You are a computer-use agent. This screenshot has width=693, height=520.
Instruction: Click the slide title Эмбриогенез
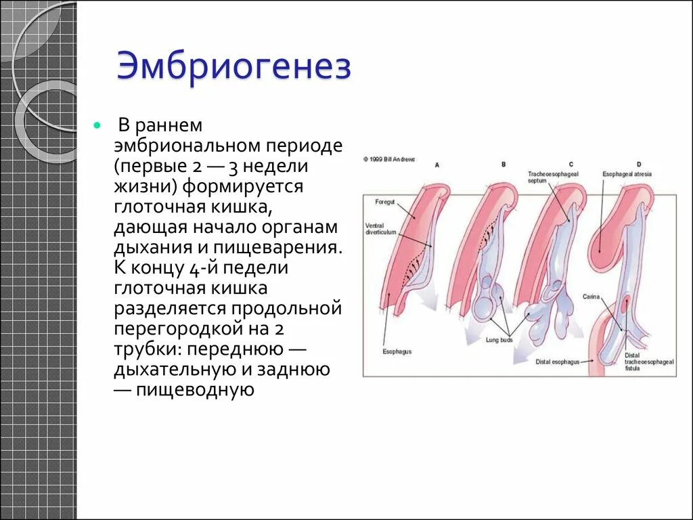(x=234, y=69)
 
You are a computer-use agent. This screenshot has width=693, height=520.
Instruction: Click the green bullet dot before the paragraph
(x=98, y=127)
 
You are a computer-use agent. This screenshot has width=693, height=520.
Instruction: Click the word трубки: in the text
(x=148, y=349)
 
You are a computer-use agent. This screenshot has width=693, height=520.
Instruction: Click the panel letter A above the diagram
(x=437, y=165)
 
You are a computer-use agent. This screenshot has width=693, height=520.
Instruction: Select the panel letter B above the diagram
(x=504, y=165)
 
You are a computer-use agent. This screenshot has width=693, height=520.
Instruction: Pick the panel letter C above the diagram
(x=571, y=165)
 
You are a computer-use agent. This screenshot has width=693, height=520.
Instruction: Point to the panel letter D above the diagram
(x=639, y=165)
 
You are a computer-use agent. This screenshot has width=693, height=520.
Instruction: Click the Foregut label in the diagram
(x=386, y=202)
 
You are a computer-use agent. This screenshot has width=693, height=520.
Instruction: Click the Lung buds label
(x=499, y=340)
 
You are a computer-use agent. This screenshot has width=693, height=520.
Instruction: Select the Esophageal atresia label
(x=627, y=174)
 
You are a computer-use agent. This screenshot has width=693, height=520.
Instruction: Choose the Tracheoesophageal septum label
(x=547, y=177)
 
